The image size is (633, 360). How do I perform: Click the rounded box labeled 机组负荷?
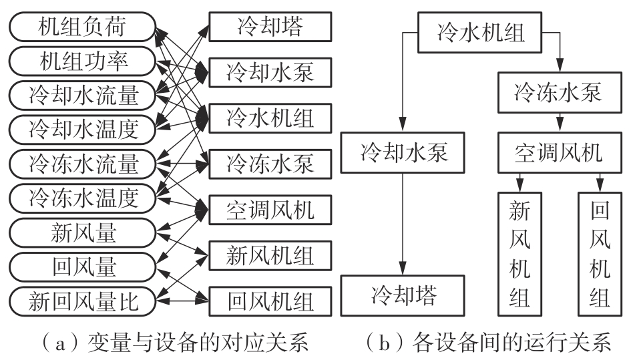tap(82, 29)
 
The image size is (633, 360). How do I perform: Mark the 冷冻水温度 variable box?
tap(82, 197)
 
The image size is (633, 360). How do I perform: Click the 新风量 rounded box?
tap(82, 234)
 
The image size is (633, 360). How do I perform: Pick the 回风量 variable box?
tap(82, 267)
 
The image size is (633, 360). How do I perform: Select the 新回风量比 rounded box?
tap(82, 302)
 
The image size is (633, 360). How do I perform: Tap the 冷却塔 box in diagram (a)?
tap(270, 29)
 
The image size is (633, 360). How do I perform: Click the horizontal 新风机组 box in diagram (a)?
tap(270, 254)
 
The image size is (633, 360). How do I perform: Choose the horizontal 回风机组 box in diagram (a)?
tap(270, 301)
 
